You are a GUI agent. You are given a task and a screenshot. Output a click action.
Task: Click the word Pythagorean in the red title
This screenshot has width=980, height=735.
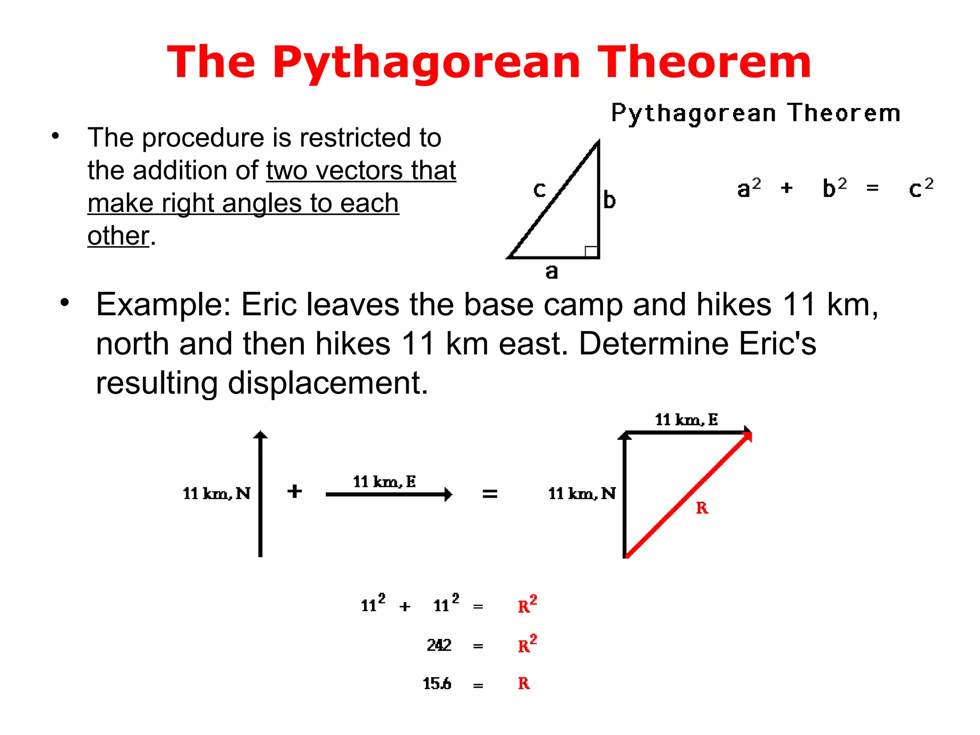426,63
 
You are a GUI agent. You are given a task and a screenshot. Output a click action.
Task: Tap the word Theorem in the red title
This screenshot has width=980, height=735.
704,62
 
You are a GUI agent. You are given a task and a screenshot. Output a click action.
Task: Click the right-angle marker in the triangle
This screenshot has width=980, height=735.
591,251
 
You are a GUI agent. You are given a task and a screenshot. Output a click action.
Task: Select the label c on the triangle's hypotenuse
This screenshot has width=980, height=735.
539,190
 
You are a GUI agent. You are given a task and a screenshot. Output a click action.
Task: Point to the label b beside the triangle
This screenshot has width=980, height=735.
609,200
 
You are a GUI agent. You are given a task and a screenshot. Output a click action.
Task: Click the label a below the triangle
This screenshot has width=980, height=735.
552,272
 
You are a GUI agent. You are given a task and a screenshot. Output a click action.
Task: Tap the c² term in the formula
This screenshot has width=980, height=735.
921,188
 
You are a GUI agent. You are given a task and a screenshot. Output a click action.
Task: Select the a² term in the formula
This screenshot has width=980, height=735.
749,188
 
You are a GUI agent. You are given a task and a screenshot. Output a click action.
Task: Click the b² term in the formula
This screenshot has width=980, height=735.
835,188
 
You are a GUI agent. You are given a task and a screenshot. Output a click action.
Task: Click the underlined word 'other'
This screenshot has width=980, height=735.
118,235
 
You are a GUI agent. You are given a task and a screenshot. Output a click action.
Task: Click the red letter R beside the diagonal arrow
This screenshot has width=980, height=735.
702,508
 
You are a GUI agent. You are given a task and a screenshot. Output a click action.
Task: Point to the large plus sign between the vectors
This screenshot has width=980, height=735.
295,491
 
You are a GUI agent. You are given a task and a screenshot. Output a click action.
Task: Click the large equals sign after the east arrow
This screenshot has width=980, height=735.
490,493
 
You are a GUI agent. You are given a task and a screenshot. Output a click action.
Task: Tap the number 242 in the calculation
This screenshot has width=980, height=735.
439,645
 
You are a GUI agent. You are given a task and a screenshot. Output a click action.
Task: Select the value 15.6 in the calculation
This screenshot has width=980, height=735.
436,683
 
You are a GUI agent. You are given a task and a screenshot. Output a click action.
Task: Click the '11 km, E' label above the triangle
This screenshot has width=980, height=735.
686,420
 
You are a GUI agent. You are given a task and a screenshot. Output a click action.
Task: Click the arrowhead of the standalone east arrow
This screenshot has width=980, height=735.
448,494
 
